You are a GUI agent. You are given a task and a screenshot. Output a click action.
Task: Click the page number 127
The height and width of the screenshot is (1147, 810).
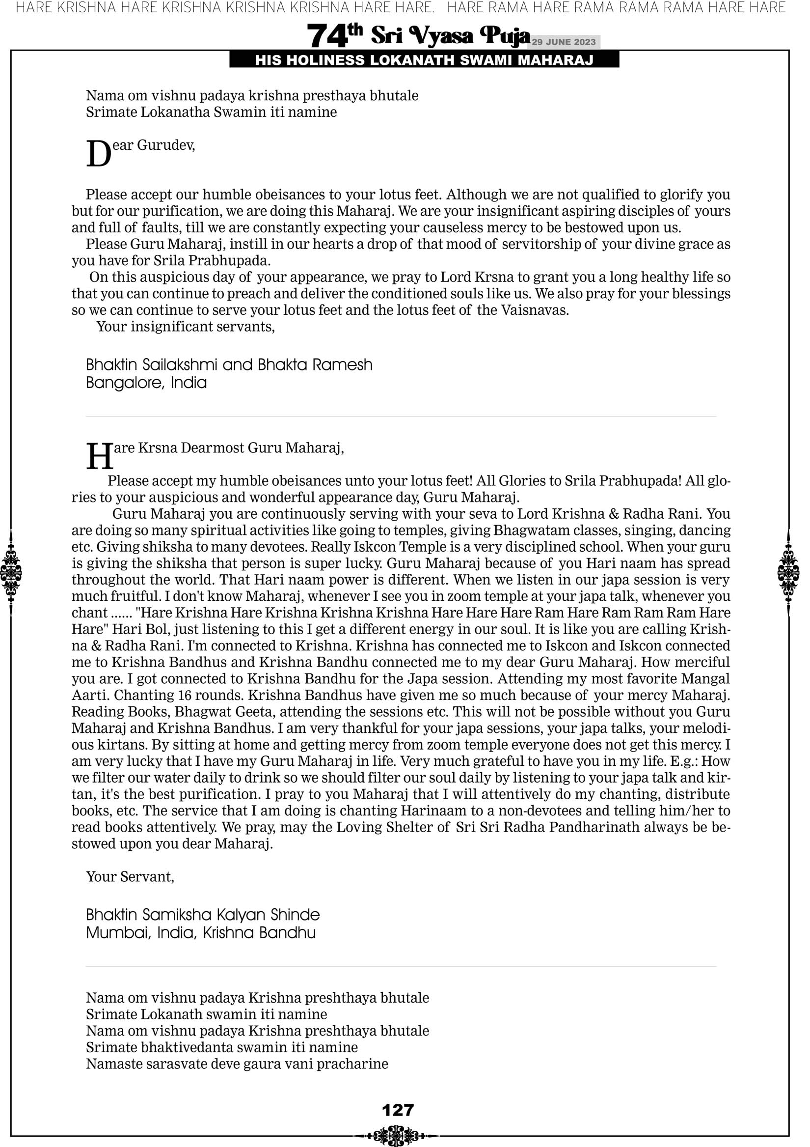398,1110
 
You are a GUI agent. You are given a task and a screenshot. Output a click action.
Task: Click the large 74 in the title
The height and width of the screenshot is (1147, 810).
327,36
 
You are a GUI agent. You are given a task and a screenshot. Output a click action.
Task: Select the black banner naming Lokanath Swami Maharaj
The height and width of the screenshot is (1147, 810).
424,60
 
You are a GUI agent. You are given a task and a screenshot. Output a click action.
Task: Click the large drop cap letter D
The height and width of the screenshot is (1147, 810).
98,154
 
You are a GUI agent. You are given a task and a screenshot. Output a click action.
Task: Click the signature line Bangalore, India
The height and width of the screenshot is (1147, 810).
146,383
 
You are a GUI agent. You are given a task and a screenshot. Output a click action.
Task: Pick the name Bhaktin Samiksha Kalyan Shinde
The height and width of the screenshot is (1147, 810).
203,915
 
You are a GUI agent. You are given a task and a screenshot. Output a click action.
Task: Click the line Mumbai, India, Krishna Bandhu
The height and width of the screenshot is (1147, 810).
201,933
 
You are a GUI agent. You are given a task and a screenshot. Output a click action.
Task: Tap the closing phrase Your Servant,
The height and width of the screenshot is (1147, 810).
131,877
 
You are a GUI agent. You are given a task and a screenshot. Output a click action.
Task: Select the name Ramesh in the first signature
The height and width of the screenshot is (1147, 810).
342,364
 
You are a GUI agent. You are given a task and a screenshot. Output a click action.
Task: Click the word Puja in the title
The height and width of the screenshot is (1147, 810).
504,36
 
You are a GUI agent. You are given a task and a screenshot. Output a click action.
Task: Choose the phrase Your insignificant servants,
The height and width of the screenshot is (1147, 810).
185,326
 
